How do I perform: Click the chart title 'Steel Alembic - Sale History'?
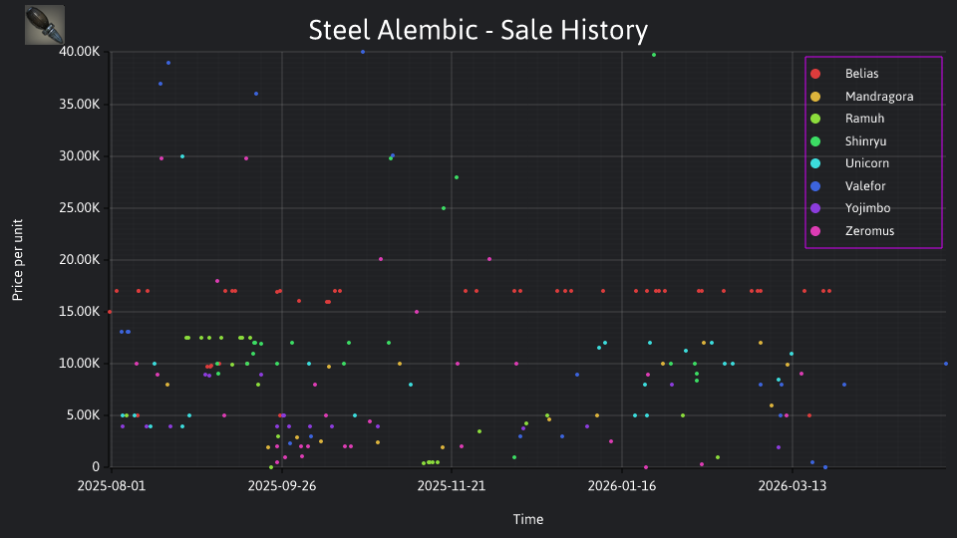tap(478, 30)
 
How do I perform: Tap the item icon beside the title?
tap(45, 25)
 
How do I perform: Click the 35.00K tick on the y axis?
tap(80, 105)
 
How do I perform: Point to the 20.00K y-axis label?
tap(80, 260)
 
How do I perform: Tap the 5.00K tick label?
tap(83, 415)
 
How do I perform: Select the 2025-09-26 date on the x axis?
tap(282, 486)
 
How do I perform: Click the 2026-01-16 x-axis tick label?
tap(622, 486)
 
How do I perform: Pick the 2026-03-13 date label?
tap(793, 486)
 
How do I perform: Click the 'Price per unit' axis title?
tap(18, 260)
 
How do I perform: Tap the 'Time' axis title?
tap(528, 519)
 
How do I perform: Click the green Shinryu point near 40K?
tap(654, 55)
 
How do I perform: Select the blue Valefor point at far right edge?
tap(946, 364)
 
